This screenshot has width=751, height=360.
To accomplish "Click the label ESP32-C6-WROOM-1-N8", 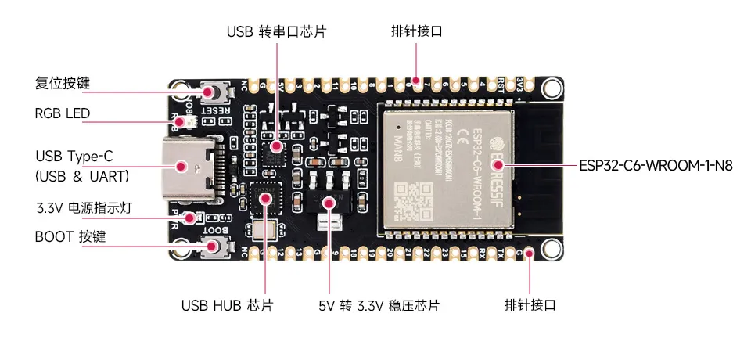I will tap(656, 166).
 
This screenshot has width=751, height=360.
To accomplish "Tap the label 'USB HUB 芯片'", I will tap(227, 305).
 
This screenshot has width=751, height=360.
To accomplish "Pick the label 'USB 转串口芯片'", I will tap(276, 32).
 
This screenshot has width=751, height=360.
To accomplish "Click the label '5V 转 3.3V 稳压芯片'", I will tap(379, 305).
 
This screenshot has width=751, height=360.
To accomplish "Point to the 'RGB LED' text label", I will tap(63, 113).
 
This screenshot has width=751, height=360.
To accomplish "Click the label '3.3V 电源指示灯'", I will tap(82, 209).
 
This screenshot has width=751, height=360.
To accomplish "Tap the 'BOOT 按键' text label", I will tap(70, 236).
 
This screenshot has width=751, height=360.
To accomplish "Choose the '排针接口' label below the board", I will tap(530, 305).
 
